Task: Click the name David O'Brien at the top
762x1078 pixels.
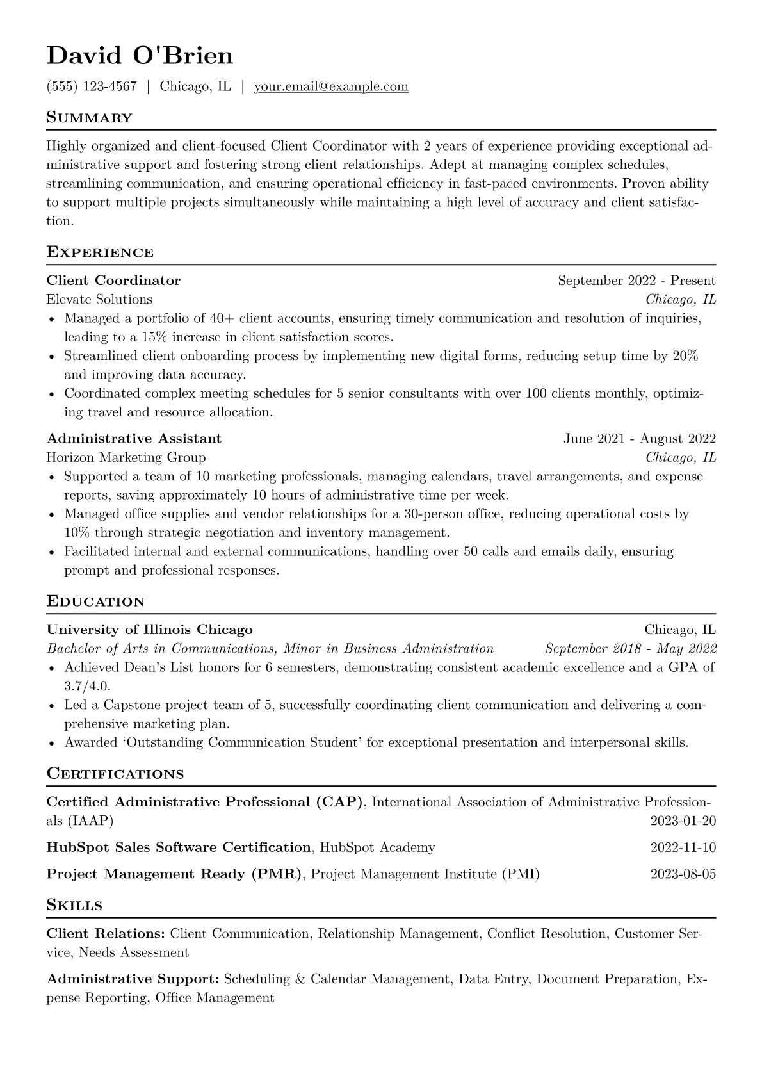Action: pyautogui.click(x=140, y=56)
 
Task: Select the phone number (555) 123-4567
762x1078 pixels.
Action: pyautogui.click(x=92, y=86)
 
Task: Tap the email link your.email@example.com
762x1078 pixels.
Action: pyautogui.click(x=331, y=86)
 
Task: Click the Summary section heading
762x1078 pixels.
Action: pyautogui.click(x=89, y=118)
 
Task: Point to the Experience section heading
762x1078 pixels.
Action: pyautogui.click(x=100, y=252)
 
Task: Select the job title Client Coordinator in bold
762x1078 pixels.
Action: pyautogui.click(x=113, y=281)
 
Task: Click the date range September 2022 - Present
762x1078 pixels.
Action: pyautogui.click(x=636, y=281)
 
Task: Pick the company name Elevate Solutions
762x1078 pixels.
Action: pyautogui.click(x=99, y=299)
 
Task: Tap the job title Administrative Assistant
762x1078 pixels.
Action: pyautogui.click(x=134, y=439)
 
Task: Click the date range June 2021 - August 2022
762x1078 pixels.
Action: pyautogui.click(x=639, y=439)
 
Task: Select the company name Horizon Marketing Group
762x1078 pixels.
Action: pyautogui.click(x=126, y=457)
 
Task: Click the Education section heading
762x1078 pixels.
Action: pyautogui.click(x=95, y=602)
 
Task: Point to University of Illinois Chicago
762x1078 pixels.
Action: pyautogui.click(x=149, y=630)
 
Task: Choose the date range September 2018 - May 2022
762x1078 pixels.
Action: pyautogui.click(x=630, y=648)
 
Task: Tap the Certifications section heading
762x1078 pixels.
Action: pyautogui.click(x=115, y=774)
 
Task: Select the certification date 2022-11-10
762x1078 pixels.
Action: pyautogui.click(x=683, y=847)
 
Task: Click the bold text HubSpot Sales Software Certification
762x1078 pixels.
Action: pyautogui.click(x=179, y=847)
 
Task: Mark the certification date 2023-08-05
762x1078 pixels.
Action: pyautogui.click(x=683, y=874)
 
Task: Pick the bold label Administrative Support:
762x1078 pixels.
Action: pyautogui.click(x=133, y=979)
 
